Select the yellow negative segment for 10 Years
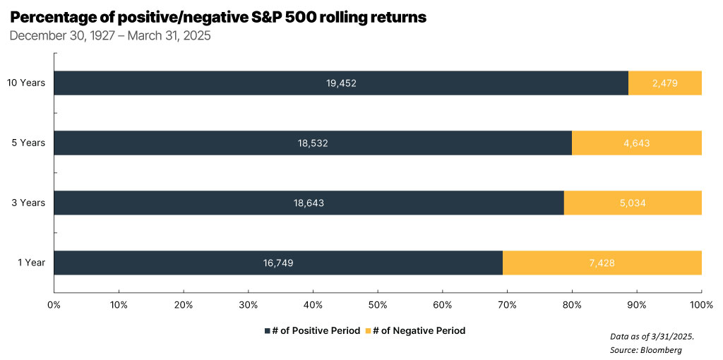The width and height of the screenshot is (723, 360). click(x=664, y=83)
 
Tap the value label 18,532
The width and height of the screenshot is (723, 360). click(x=313, y=143)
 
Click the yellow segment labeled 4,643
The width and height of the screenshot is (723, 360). click(x=636, y=143)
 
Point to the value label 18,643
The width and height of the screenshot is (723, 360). click(x=309, y=203)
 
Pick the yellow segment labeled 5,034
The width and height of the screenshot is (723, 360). click(x=632, y=203)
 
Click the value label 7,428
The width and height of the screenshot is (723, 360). click(x=602, y=263)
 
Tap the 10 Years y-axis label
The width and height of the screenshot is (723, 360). click(x=26, y=83)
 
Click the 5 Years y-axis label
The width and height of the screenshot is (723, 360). click(x=28, y=143)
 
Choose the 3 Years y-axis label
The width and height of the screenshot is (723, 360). click(x=28, y=203)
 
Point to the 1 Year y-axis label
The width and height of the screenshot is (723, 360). click(x=31, y=263)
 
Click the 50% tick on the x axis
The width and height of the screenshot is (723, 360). click(x=378, y=305)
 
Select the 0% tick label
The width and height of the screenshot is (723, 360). click(x=54, y=305)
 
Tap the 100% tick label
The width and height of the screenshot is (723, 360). click(x=700, y=305)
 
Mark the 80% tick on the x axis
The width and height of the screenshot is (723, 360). click(x=572, y=305)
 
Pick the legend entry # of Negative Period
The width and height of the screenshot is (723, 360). click(x=419, y=330)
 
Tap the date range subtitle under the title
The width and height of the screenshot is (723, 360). click(x=110, y=35)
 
